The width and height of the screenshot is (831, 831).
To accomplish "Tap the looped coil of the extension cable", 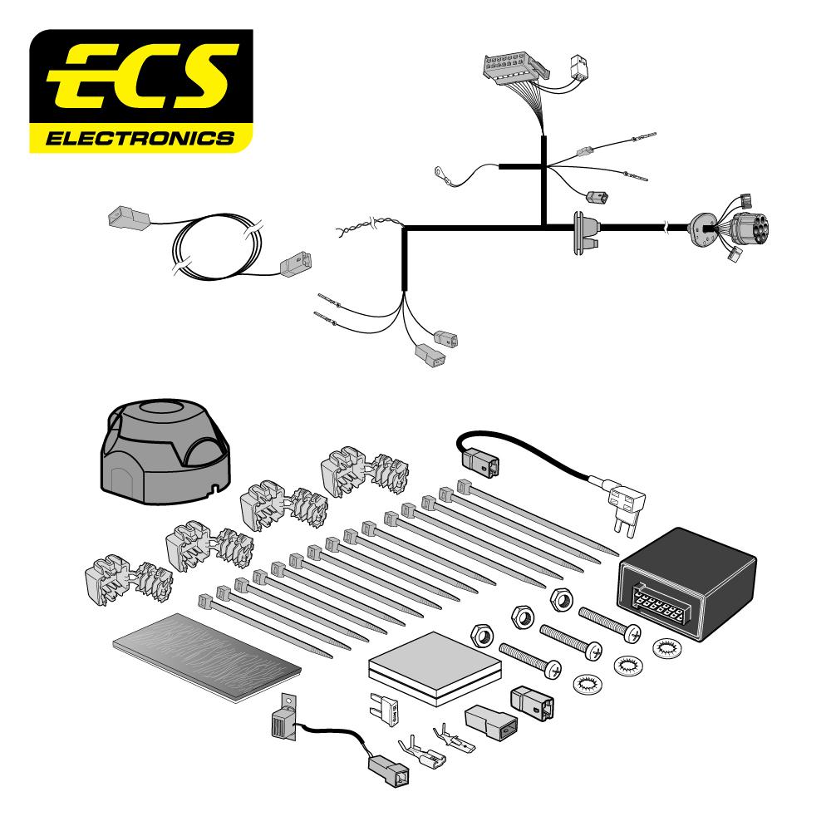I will [216, 249].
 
